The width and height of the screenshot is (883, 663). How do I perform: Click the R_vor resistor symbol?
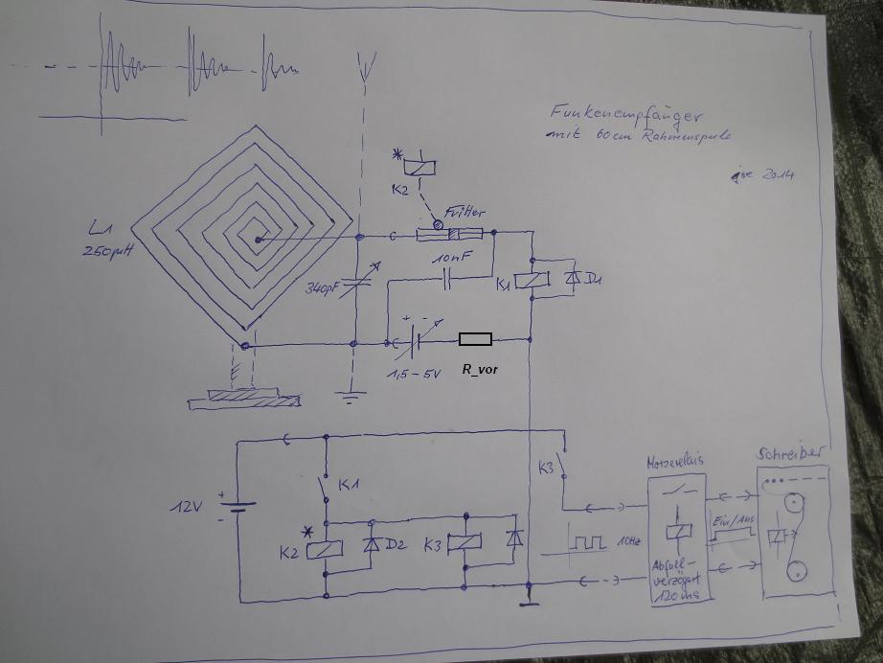475,339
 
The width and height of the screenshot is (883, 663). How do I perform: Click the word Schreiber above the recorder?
791,452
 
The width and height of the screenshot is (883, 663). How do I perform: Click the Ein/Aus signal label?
727,518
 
